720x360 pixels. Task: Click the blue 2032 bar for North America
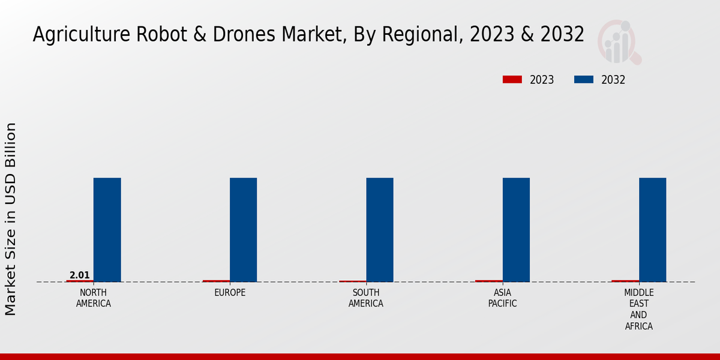[x=107, y=230]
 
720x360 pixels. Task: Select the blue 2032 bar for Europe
[x=243, y=230]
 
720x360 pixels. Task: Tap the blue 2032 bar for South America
[x=380, y=230]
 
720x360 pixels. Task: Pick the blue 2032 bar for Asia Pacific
[x=516, y=230]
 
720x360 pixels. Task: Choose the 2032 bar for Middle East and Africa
[x=652, y=230]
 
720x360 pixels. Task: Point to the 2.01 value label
[x=80, y=275]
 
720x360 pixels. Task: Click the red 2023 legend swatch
[x=512, y=80]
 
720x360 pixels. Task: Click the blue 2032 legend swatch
[x=584, y=80]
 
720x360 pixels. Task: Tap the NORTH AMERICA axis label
[x=93, y=298]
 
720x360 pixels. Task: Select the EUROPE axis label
[x=230, y=293]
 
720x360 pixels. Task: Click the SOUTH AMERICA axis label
[x=366, y=298]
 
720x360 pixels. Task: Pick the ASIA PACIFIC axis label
[x=502, y=298]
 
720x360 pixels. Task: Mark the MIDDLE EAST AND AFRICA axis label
[x=638, y=310]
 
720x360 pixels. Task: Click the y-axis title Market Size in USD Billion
[x=11, y=219]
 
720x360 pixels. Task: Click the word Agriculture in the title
[x=75, y=35]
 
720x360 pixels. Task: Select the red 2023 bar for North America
[x=80, y=281]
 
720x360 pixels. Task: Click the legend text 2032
[x=613, y=80]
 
